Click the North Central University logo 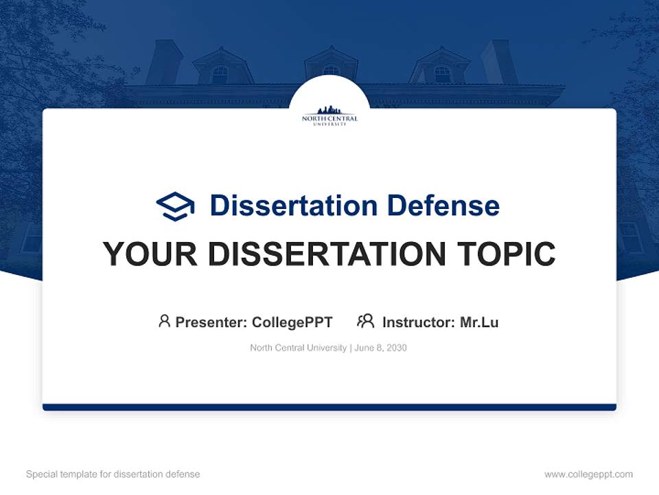pyautogui.click(x=329, y=115)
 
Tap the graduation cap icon pyautogui.click(x=175, y=206)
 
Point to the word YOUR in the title pyautogui.click(x=150, y=254)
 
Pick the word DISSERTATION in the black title pyautogui.click(x=327, y=254)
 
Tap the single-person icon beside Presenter pyautogui.click(x=164, y=321)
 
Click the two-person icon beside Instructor pyautogui.click(x=365, y=321)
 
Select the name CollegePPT pyautogui.click(x=292, y=322)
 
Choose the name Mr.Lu pyautogui.click(x=479, y=322)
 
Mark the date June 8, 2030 pyautogui.click(x=382, y=348)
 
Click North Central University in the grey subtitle pyautogui.click(x=298, y=348)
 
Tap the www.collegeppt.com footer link pyautogui.click(x=588, y=474)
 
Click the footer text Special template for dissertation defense pyautogui.click(x=113, y=474)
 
